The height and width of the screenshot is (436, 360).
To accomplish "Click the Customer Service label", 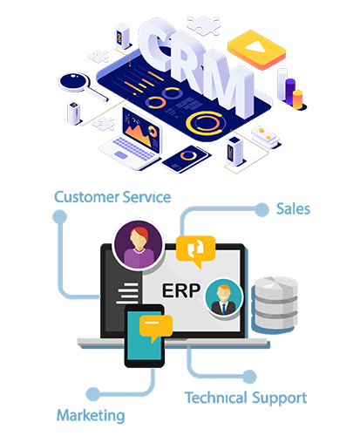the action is pyautogui.click(x=112, y=197).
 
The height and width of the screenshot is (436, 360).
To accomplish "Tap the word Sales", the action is pyautogui.click(x=293, y=209).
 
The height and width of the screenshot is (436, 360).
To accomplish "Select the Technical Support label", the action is pyautogui.click(x=246, y=399).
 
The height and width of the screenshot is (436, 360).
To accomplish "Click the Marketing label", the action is pyautogui.click(x=91, y=416).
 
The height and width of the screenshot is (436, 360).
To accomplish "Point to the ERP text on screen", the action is pyautogui.click(x=181, y=290).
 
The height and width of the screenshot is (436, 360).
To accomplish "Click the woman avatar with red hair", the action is pyautogui.click(x=139, y=244).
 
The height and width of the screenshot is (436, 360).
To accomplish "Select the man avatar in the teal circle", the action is pyautogui.click(x=223, y=297).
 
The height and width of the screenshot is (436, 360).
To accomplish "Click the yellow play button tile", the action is pyautogui.click(x=256, y=50).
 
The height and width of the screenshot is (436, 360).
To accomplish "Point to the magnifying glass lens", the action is pyautogui.click(x=74, y=81).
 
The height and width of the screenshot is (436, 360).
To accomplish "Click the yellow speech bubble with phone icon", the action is pyautogui.click(x=196, y=251).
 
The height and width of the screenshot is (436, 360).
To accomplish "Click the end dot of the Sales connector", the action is pyautogui.click(x=262, y=209).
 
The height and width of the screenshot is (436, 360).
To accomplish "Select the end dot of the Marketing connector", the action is pyautogui.click(x=93, y=394).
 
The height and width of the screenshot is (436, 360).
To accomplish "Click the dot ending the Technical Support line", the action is pyautogui.click(x=249, y=377).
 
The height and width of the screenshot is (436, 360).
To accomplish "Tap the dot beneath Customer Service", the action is pyautogui.click(x=60, y=216).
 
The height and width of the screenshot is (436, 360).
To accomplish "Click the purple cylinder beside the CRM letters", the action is pyautogui.click(x=290, y=91).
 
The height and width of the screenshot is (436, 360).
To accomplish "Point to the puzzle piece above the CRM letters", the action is pyautogui.click(x=204, y=25).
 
